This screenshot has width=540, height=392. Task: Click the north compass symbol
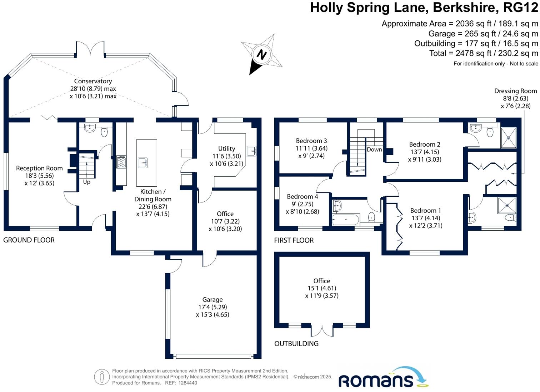click(x=262, y=54)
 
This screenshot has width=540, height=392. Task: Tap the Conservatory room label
click(x=93, y=81)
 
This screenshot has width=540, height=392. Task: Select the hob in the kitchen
click(x=121, y=162)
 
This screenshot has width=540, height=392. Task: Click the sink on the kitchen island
click(x=143, y=163)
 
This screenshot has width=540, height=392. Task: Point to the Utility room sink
click(x=252, y=151)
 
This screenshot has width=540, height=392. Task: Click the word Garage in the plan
click(x=212, y=300)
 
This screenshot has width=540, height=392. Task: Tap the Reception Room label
click(x=39, y=168)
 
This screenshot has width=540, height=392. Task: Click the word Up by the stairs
click(x=87, y=182)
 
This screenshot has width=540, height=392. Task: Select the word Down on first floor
click(x=374, y=150)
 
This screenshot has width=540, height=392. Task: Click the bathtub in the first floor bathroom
click(x=346, y=219)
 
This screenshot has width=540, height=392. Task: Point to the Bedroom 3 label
click(x=311, y=141)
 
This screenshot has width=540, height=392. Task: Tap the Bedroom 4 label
click(x=302, y=196)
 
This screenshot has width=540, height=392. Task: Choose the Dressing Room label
click(x=515, y=91)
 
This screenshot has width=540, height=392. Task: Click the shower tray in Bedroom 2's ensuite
click(x=509, y=137)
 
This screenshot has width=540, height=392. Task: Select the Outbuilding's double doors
click(x=322, y=331)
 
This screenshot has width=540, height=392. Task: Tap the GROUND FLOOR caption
click(x=29, y=240)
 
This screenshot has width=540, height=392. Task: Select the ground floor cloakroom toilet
click(x=104, y=133)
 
